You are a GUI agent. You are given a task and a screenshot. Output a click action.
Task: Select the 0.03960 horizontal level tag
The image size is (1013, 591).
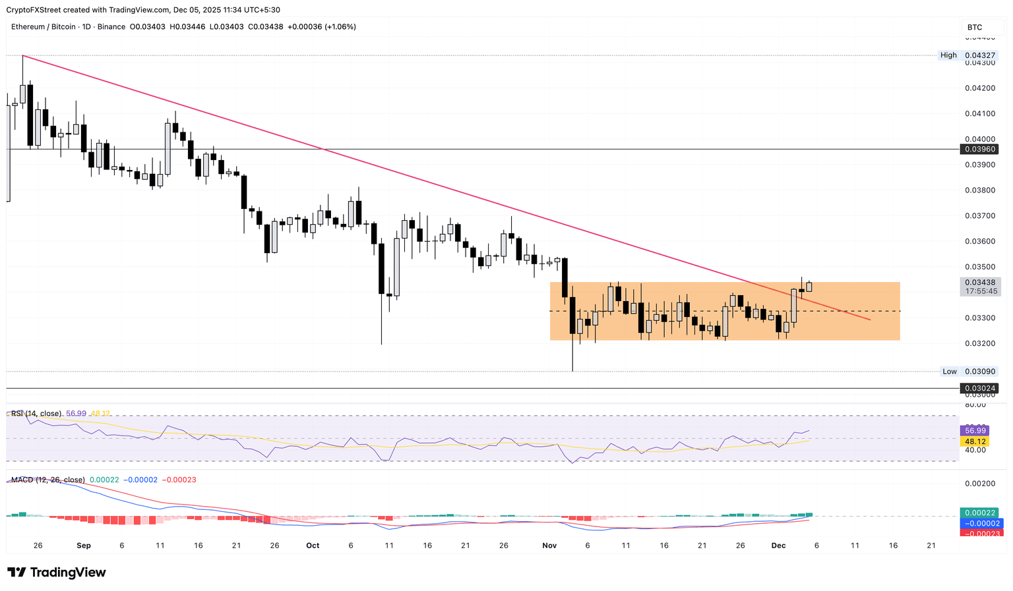pyautogui.click(x=980, y=150)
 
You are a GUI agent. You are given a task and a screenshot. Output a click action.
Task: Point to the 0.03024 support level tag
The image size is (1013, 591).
pyautogui.click(x=980, y=389)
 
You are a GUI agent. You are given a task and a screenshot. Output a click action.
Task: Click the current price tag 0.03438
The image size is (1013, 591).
pyautogui.click(x=980, y=282)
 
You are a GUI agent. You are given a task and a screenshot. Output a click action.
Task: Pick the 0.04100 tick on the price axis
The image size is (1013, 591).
pyautogui.click(x=980, y=113)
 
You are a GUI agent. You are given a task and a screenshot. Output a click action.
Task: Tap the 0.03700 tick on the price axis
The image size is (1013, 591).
pyautogui.click(x=980, y=215)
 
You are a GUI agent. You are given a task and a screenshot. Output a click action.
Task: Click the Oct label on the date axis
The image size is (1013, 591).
pyautogui.click(x=313, y=546)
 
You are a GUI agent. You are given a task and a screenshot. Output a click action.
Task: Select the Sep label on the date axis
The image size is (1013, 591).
pyautogui.click(x=84, y=546)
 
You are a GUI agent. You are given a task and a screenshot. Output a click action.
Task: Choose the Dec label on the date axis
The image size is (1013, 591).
pyautogui.click(x=778, y=546)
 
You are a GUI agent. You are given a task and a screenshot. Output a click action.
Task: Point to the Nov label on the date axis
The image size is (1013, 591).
pyautogui.click(x=549, y=546)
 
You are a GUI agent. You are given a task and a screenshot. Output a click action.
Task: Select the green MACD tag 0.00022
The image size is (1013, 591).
pyautogui.click(x=980, y=513)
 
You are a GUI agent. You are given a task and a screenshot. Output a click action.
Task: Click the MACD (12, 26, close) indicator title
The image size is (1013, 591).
pyautogui.click(x=48, y=480)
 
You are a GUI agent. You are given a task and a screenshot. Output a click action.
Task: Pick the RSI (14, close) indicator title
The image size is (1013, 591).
pyautogui.click(x=36, y=414)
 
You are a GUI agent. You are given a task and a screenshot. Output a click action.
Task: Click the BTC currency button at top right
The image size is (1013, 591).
pyautogui.click(x=975, y=27)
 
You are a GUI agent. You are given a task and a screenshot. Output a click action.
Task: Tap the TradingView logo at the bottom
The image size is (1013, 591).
pyautogui.click(x=57, y=573)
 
